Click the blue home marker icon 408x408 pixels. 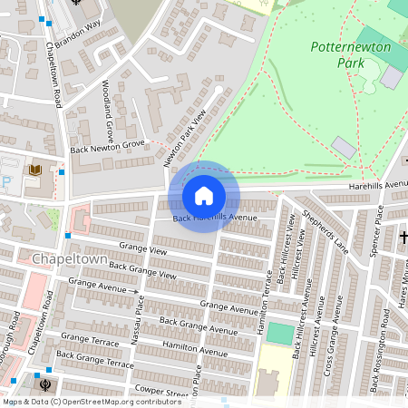pos(204,196)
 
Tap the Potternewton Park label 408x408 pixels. pos(349,54)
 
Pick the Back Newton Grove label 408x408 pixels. pos(107,145)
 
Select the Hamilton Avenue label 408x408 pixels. pos(196,349)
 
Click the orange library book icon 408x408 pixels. pos(35,170)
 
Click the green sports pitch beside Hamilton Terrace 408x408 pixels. pos(281,333)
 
